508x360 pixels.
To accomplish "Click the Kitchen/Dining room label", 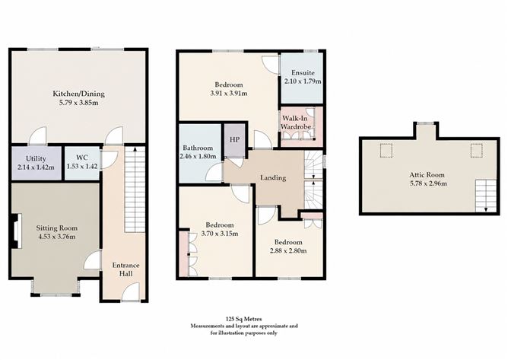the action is pyautogui.click(x=79, y=94).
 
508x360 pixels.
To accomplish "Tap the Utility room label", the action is pyautogui.click(x=36, y=158).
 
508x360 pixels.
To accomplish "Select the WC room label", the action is pyautogui.click(x=82, y=158).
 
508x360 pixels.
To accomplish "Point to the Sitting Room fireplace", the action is pyautogui.click(x=16, y=231).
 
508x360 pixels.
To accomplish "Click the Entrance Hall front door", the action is pyautogui.click(x=132, y=292).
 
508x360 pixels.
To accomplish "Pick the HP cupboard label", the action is pyautogui.click(x=234, y=139).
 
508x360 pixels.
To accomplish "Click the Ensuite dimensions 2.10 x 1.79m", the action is pyautogui.click(x=303, y=81).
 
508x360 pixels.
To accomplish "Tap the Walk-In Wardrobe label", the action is pyautogui.click(x=296, y=123).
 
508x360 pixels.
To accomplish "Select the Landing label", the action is pyautogui.click(x=273, y=178).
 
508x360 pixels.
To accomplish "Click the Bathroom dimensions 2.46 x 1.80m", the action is pyautogui.click(x=198, y=156).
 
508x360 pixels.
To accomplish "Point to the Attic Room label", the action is pyautogui.click(x=427, y=175).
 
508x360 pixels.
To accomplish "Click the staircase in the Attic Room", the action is pyautogui.click(x=486, y=196).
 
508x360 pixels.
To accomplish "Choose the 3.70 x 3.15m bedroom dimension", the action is pyautogui.click(x=220, y=234).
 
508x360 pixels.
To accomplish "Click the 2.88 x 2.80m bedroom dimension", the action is pyautogui.click(x=288, y=250).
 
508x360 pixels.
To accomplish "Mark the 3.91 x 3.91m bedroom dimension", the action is pyautogui.click(x=229, y=94).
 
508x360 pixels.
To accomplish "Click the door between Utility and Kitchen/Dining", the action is pyautogui.click(x=37, y=136).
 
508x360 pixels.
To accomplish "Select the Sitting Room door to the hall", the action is pyautogui.click(x=93, y=260).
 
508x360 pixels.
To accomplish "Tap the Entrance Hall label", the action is pyautogui.click(x=125, y=269).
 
